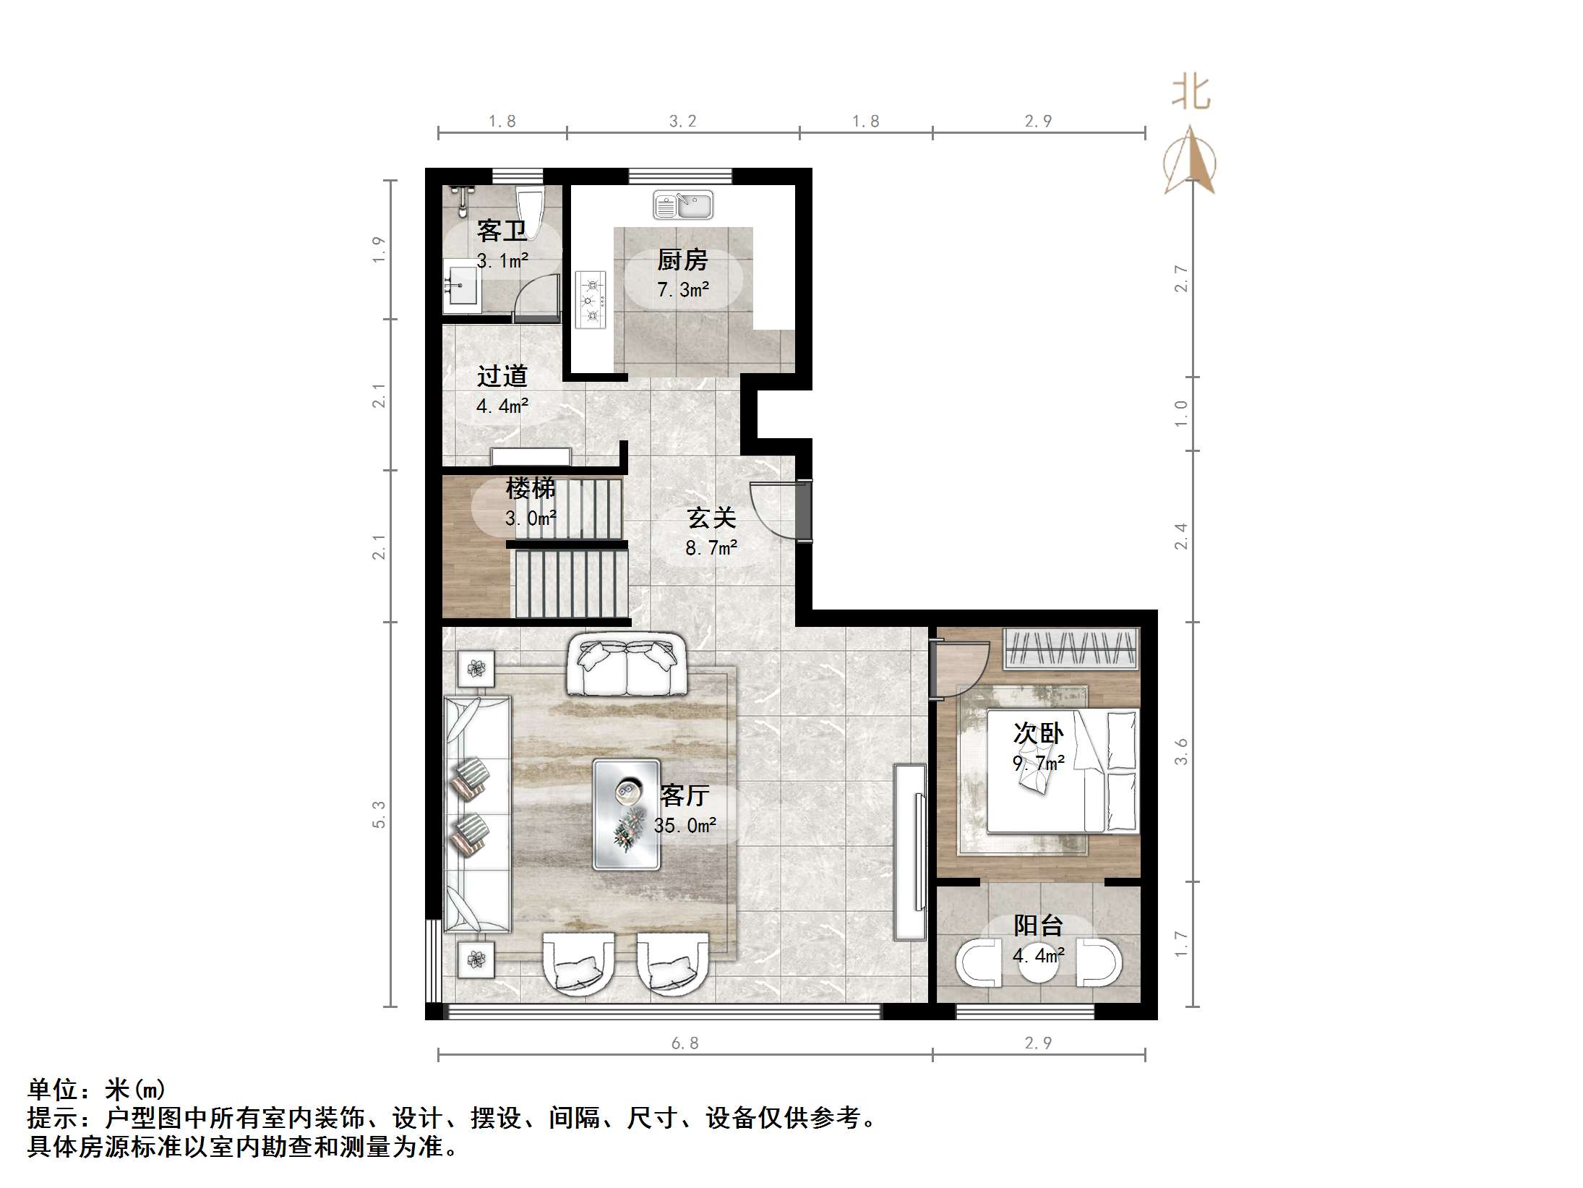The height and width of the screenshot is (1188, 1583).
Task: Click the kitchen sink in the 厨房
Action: point(682,205)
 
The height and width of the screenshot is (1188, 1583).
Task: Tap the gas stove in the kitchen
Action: point(591,299)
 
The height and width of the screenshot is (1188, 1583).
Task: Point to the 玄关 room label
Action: point(711,518)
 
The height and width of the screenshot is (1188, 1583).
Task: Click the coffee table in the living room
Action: point(626,813)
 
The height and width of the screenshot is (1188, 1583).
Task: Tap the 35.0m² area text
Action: point(685,826)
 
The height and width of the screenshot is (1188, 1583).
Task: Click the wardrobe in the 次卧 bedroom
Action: point(1071,649)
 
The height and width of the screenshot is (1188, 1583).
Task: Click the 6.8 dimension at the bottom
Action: point(685,1043)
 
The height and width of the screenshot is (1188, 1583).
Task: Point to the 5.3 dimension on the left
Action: point(379,814)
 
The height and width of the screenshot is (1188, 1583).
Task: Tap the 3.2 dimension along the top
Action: point(682,121)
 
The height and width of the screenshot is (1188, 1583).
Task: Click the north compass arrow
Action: point(1191,161)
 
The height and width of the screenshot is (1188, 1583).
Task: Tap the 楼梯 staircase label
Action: point(530,489)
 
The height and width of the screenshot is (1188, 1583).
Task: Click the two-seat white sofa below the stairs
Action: point(626,665)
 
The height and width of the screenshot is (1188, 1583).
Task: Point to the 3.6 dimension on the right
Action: point(1180,751)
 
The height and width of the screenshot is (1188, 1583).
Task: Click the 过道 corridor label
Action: point(502,376)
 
